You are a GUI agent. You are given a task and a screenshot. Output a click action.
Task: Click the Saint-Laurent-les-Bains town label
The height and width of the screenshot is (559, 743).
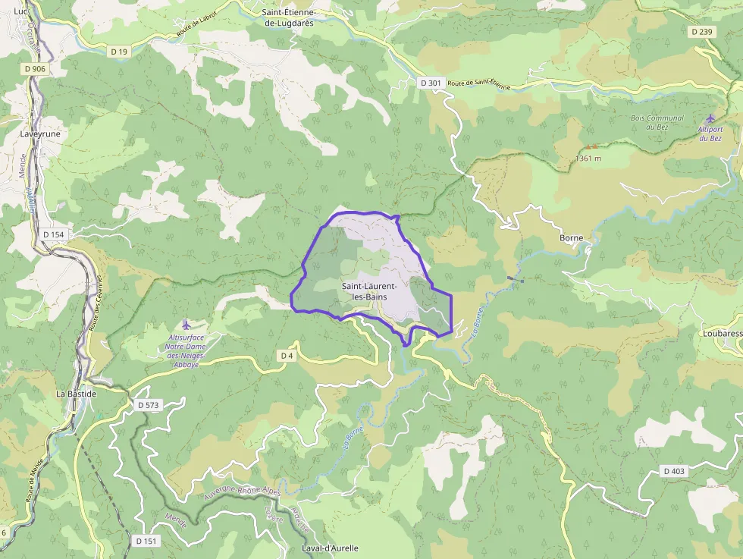tap(369, 291)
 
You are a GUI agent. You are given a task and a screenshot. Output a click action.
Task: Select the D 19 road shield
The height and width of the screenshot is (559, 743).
tap(118, 52)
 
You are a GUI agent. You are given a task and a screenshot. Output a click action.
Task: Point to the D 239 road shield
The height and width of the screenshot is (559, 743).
tap(703, 32)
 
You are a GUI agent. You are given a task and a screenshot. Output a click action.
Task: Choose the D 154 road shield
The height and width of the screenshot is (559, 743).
tap(54, 234)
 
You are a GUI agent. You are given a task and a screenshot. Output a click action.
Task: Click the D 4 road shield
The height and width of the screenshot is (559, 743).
tap(286, 356)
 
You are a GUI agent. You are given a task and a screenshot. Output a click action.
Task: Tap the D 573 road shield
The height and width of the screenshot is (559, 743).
tap(149, 405)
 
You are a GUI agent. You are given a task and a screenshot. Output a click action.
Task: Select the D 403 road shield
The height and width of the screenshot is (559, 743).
tap(673, 471)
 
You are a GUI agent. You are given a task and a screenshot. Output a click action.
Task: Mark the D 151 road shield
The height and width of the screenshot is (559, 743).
tap(147, 541)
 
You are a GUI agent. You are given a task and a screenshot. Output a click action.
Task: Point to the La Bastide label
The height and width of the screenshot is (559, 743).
tap(77, 394)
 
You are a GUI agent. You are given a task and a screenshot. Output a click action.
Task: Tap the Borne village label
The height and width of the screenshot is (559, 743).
tap(571, 237)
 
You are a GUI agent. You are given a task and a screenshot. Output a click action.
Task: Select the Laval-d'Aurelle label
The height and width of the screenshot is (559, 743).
tap(330, 548)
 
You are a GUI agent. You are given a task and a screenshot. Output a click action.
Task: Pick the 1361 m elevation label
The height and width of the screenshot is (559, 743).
tap(588, 158)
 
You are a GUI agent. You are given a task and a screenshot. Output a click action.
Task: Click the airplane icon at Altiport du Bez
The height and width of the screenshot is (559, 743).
tap(710, 118)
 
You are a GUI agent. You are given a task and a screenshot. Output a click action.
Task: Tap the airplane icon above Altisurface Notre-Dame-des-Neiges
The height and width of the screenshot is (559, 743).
tap(187, 325)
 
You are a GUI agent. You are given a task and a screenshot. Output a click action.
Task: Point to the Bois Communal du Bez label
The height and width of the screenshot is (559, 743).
tap(657, 122)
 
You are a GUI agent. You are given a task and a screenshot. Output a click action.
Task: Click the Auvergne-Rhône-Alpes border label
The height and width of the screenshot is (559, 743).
tap(242, 492)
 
